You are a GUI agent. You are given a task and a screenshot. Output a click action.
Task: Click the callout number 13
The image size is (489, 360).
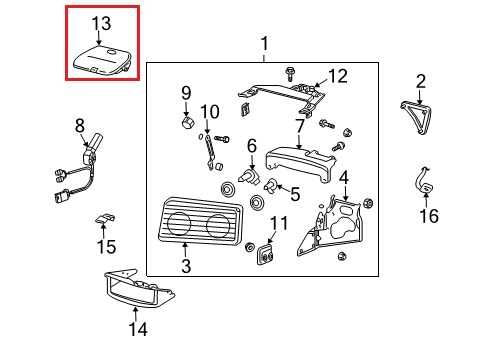coord(102,23)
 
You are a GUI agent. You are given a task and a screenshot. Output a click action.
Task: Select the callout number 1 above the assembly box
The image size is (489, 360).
coord(264,44)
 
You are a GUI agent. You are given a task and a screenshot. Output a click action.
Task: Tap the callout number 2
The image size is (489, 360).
coord(421,81)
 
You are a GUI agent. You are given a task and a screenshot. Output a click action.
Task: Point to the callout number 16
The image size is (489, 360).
coord(428,215)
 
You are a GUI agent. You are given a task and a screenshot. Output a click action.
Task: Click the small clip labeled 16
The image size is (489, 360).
coord(424,187)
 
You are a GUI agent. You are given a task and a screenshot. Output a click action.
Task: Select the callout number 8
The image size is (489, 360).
coord(81,126)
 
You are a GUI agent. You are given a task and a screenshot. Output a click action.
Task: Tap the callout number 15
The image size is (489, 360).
coord(106,246)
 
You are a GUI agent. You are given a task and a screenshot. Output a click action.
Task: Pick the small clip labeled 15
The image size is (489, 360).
coord(105,218)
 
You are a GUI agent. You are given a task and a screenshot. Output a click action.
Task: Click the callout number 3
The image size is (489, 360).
coord(186,266)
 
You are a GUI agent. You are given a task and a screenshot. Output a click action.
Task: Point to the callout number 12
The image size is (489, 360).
coord(337,76)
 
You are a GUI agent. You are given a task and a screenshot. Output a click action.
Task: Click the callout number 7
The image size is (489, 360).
coord(298,127)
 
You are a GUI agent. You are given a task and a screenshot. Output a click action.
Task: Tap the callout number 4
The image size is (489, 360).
coord(343,178)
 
